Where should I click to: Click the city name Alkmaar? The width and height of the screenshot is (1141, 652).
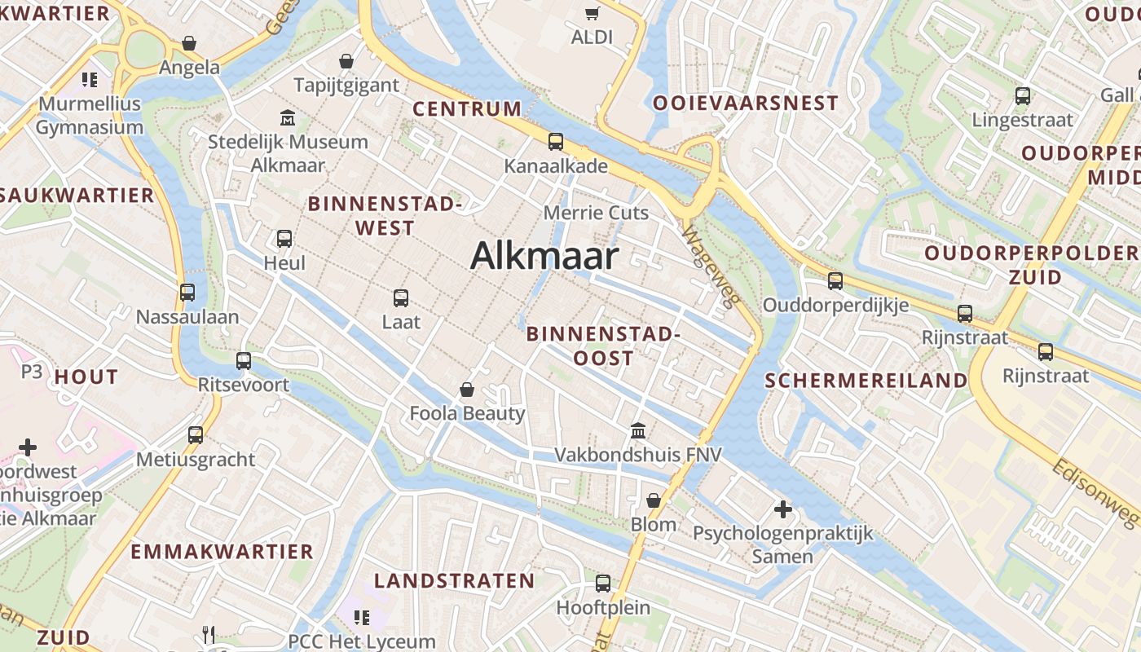544,256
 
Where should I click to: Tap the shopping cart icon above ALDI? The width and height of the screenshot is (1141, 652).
592,12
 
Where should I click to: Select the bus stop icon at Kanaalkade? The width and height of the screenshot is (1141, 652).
556,141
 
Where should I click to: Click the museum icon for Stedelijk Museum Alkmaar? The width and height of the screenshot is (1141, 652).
287,118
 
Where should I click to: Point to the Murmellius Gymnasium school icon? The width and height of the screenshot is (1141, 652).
90,80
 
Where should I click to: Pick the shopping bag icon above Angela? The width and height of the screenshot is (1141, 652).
189,42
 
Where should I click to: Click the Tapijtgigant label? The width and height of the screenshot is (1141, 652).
346,85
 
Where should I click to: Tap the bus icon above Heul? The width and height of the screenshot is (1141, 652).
284,239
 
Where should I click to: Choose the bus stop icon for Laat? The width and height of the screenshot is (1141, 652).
401,298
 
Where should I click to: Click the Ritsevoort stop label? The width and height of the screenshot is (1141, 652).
244,384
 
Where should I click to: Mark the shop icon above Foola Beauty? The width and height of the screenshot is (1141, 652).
467,390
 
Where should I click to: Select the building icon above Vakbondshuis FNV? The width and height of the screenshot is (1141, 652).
638,430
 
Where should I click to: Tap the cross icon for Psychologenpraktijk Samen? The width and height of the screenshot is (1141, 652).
782,509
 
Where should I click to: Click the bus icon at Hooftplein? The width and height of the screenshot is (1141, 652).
603,584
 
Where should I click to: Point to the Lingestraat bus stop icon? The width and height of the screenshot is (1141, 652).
1023,96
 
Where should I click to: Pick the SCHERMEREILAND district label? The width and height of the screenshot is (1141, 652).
866,381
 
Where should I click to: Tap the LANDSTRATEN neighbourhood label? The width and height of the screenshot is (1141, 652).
454,581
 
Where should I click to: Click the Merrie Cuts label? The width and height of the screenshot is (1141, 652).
596,213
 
